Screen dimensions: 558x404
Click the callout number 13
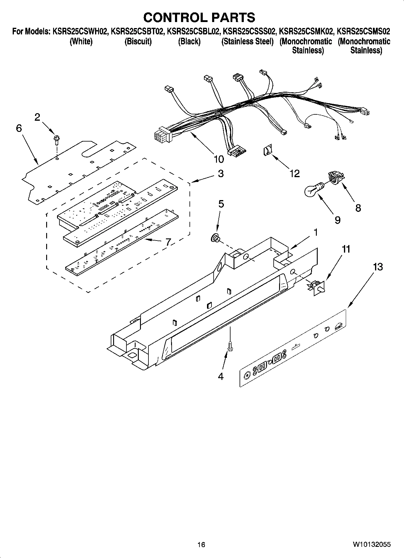coord(378,267)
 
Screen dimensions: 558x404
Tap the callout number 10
coord(219,159)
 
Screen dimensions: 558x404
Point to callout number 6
coord(19,128)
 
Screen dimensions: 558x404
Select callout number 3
coord(221,174)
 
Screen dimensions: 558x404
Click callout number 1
coord(315,232)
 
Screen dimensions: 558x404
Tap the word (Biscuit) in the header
coord(138,42)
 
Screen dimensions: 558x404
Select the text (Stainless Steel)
coord(247,42)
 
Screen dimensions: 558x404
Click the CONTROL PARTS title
coord(199,18)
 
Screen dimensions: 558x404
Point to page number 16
coord(201,544)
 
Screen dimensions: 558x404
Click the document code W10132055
coord(372,544)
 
